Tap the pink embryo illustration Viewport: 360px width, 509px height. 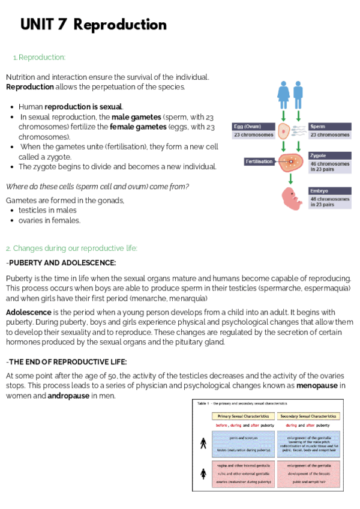(291, 199)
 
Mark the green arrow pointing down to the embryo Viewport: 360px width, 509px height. (290, 179)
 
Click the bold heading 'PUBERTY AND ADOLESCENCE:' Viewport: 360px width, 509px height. (62, 263)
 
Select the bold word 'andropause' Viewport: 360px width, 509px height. (69, 396)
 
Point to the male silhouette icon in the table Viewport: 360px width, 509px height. (203, 444)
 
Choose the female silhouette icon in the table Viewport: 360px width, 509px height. (203, 474)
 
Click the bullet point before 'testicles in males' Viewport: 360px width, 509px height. (13, 210)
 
